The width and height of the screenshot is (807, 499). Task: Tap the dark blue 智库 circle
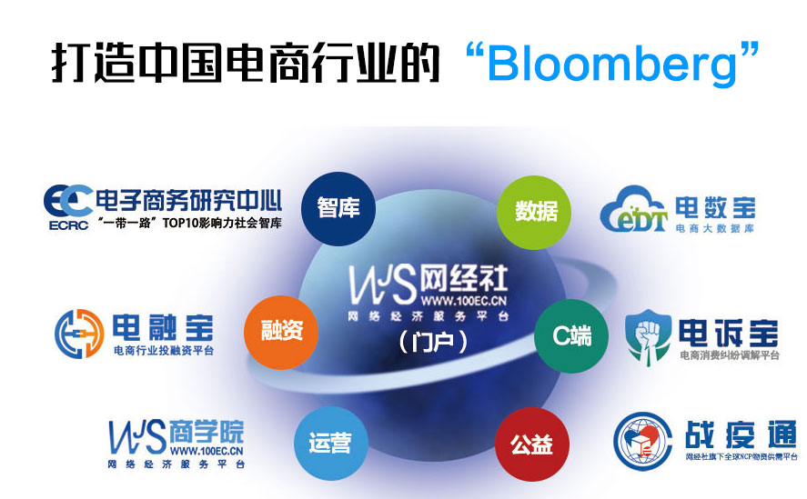point(338,208)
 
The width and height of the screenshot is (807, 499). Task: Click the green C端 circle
point(571,335)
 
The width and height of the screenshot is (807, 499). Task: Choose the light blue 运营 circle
point(328,444)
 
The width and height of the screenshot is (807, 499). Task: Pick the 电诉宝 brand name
point(728,329)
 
